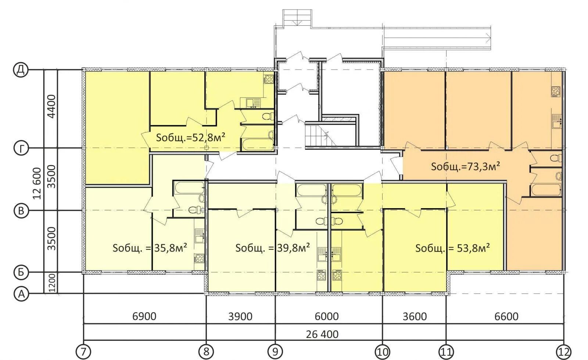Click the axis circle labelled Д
tap(21, 70)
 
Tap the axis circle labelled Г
tap(21, 148)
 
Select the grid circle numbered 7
tap(83, 352)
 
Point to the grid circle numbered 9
tap(275, 352)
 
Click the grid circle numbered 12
tap(564, 352)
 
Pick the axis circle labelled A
tap(21, 293)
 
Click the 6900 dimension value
tap(144, 317)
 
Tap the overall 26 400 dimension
tap(322, 335)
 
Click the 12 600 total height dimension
tap(37, 183)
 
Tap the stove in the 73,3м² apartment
tap(556, 92)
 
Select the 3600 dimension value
tap(415, 317)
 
